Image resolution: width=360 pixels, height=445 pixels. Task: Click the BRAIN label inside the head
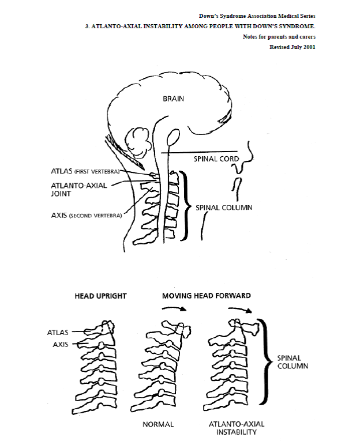coord(173,99)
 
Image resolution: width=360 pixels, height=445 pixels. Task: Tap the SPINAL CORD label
coord(216,159)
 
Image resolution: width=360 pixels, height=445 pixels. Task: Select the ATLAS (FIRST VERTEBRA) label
coord(85,171)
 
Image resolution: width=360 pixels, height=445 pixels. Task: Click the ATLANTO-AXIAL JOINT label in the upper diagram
coord(79,190)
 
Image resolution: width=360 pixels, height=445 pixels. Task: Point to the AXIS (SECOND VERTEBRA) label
coord(87,216)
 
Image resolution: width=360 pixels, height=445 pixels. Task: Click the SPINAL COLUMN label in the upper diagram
coord(224,208)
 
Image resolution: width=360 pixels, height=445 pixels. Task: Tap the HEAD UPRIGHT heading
coord(100,296)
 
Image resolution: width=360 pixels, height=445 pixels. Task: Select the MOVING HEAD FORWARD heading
coord(207,296)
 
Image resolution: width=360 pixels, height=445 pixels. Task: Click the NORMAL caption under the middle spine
coord(158,425)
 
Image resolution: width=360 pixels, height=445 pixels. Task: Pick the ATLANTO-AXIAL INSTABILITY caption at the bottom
coord(237,428)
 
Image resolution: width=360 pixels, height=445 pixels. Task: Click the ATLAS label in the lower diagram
coord(58,333)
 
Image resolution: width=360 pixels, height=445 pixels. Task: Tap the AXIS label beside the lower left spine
coord(61,345)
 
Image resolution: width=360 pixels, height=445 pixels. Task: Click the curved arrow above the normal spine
coord(174,308)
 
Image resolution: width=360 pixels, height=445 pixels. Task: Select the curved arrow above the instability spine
coord(240,310)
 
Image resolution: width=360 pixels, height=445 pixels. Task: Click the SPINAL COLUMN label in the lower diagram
coord(292,362)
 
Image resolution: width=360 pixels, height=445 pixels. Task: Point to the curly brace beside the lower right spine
coord(264,361)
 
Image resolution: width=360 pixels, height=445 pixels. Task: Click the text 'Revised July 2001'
coord(292,47)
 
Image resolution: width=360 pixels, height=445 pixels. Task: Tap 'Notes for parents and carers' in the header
coord(279,37)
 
